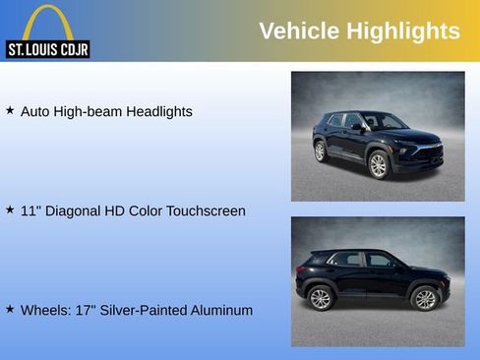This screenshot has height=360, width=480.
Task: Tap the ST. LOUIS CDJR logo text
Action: tap(47, 49)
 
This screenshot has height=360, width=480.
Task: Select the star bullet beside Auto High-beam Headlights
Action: tap(10, 111)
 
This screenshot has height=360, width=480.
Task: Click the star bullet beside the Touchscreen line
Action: tap(10, 210)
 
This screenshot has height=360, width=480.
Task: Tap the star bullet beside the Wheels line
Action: tap(10, 310)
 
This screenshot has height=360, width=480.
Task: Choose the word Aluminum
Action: tap(221, 311)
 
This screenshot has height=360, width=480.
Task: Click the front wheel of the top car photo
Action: tap(379, 165)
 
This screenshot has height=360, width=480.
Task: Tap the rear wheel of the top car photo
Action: tap(321, 151)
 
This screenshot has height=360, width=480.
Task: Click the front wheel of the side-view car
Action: tap(424, 298)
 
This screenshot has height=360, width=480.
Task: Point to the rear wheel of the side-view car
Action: tap(321, 299)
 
